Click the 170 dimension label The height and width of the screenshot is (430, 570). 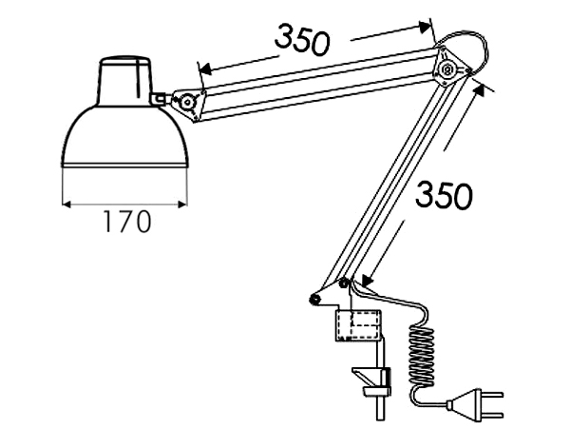127,222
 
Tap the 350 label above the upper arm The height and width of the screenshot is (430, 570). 302,39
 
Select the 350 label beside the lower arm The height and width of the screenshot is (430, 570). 444,196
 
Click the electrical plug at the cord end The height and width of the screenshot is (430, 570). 475,403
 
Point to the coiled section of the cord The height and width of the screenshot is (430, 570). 422,355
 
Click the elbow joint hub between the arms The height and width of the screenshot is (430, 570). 447,68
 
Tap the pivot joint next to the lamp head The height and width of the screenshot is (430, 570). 187,102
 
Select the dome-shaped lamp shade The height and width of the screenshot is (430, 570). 124,137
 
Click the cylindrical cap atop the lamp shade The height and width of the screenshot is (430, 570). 125,81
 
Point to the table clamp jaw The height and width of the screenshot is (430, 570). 371,382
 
